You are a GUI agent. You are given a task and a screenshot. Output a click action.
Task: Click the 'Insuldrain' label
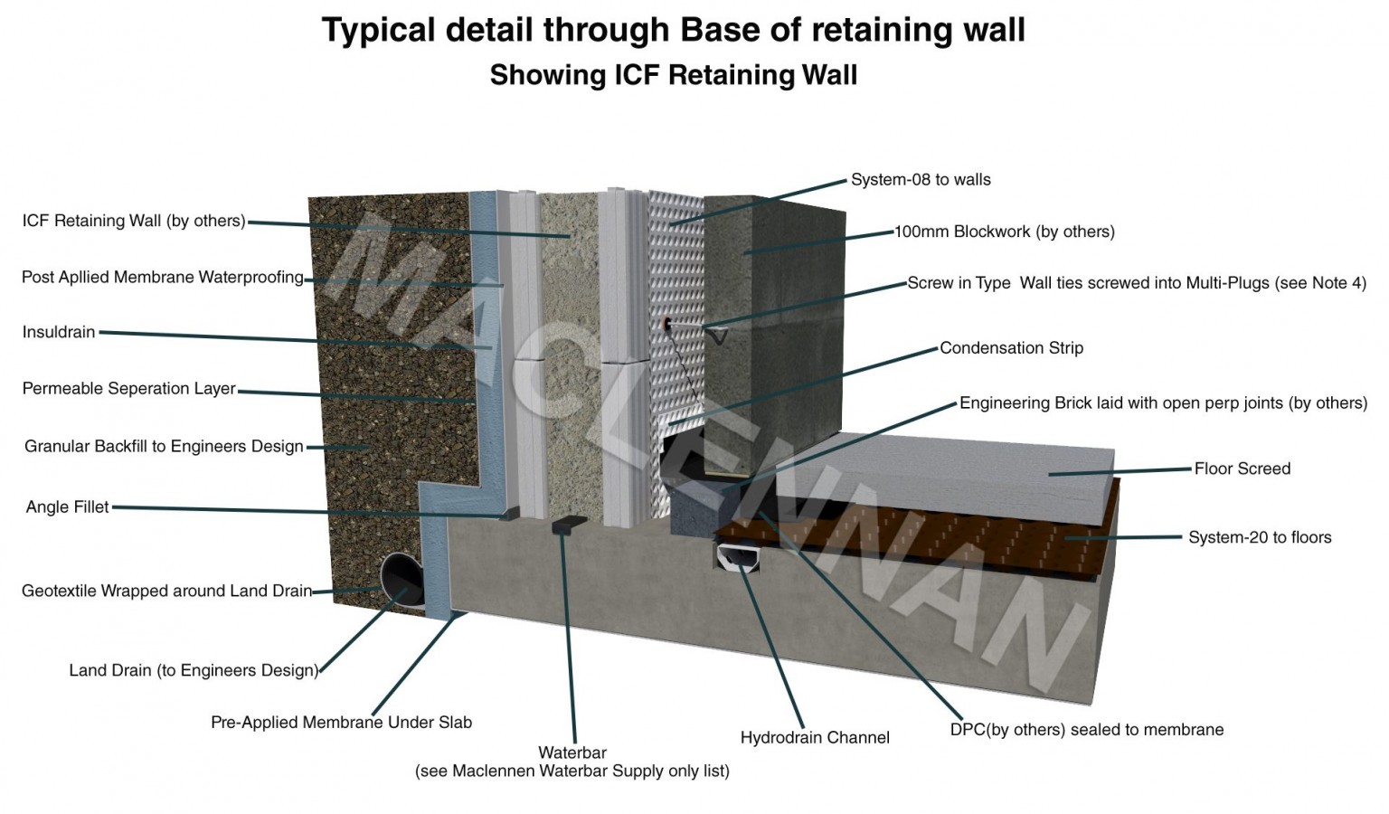point(59,332)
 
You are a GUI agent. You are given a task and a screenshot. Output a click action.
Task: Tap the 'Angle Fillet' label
point(67,506)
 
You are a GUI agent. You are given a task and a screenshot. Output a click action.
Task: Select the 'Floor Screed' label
point(1242,469)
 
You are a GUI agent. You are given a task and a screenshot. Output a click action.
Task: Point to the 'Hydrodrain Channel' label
point(814,738)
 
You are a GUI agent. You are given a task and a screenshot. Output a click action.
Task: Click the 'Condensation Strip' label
point(1011,348)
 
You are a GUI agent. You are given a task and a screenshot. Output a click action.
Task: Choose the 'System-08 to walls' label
point(920,180)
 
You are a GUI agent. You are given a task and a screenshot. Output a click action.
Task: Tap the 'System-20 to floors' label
point(1259,537)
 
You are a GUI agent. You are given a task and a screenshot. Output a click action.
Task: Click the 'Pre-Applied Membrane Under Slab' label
point(341,723)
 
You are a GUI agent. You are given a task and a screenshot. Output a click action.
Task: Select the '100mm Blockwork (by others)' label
point(1004,232)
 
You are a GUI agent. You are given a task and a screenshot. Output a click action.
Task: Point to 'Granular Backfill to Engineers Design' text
point(164,447)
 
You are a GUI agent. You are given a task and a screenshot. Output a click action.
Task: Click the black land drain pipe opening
point(402,579)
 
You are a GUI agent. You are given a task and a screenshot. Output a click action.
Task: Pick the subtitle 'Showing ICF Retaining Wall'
point(673,74)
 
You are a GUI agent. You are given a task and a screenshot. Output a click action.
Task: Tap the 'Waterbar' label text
point(572,752)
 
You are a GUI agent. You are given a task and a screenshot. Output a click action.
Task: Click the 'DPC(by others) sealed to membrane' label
point(1086,730)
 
